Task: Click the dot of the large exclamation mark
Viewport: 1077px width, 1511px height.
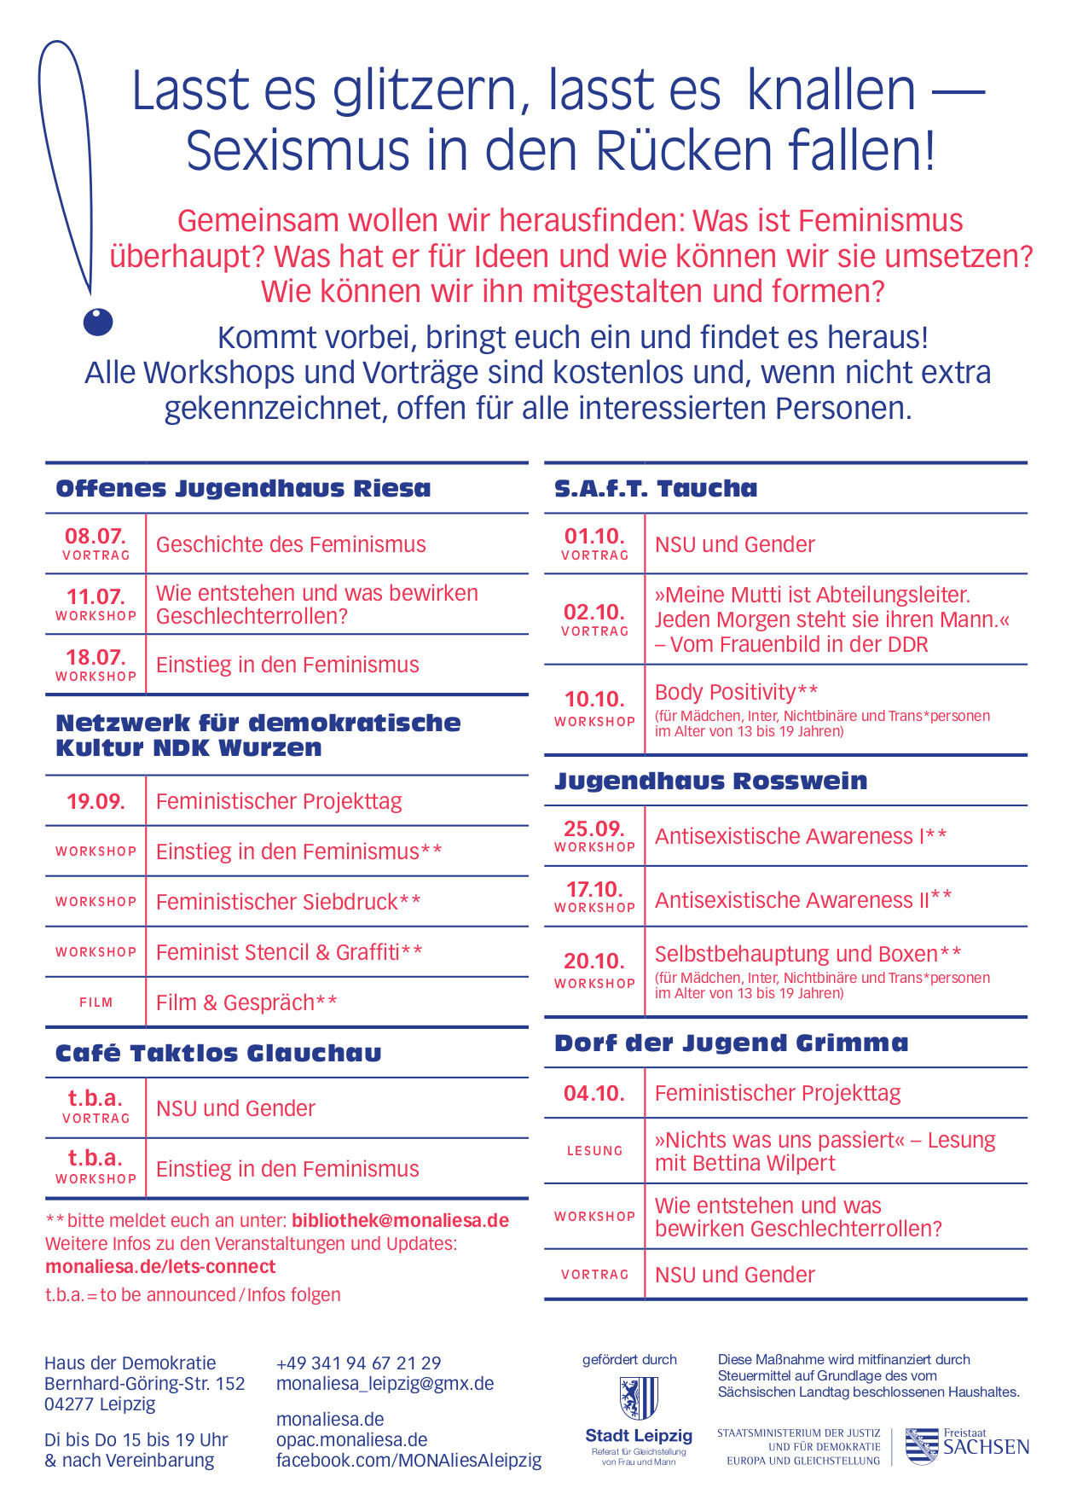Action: point(98,322)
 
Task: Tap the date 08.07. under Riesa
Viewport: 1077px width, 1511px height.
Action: point(96,537)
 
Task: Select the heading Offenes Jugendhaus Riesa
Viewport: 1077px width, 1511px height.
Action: point(243,489)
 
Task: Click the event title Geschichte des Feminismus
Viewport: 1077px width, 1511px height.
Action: point(291,544)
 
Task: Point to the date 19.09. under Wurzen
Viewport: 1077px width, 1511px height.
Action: point(96,801)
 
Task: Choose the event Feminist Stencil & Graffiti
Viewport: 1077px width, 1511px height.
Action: point(289,952)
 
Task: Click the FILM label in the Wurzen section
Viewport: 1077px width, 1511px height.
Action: point(96,1002)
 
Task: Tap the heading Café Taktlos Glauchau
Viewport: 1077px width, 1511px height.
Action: point(218,1053)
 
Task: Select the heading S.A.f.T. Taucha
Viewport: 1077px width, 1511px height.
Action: point(656,489)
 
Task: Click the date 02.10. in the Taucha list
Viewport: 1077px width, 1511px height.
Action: point(594,613)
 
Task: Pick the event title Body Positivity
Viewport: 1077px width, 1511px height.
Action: point(736,692)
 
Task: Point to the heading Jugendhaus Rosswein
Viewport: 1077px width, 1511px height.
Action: point(710,782)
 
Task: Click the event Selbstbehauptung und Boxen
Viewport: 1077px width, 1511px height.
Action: point(808,954)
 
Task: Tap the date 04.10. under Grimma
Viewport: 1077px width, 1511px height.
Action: point(594,1093)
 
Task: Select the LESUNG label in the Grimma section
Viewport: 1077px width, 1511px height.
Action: point(594,1151)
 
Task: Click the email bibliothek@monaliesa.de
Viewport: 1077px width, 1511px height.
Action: point(400,1221)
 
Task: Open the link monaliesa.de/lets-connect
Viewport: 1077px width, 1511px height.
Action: point(160,1267)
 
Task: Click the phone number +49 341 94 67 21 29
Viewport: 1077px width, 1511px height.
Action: point(358,1363)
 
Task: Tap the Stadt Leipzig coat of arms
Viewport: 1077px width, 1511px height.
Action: point(638,1398)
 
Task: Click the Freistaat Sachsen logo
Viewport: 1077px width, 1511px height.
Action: point(966,1446)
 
